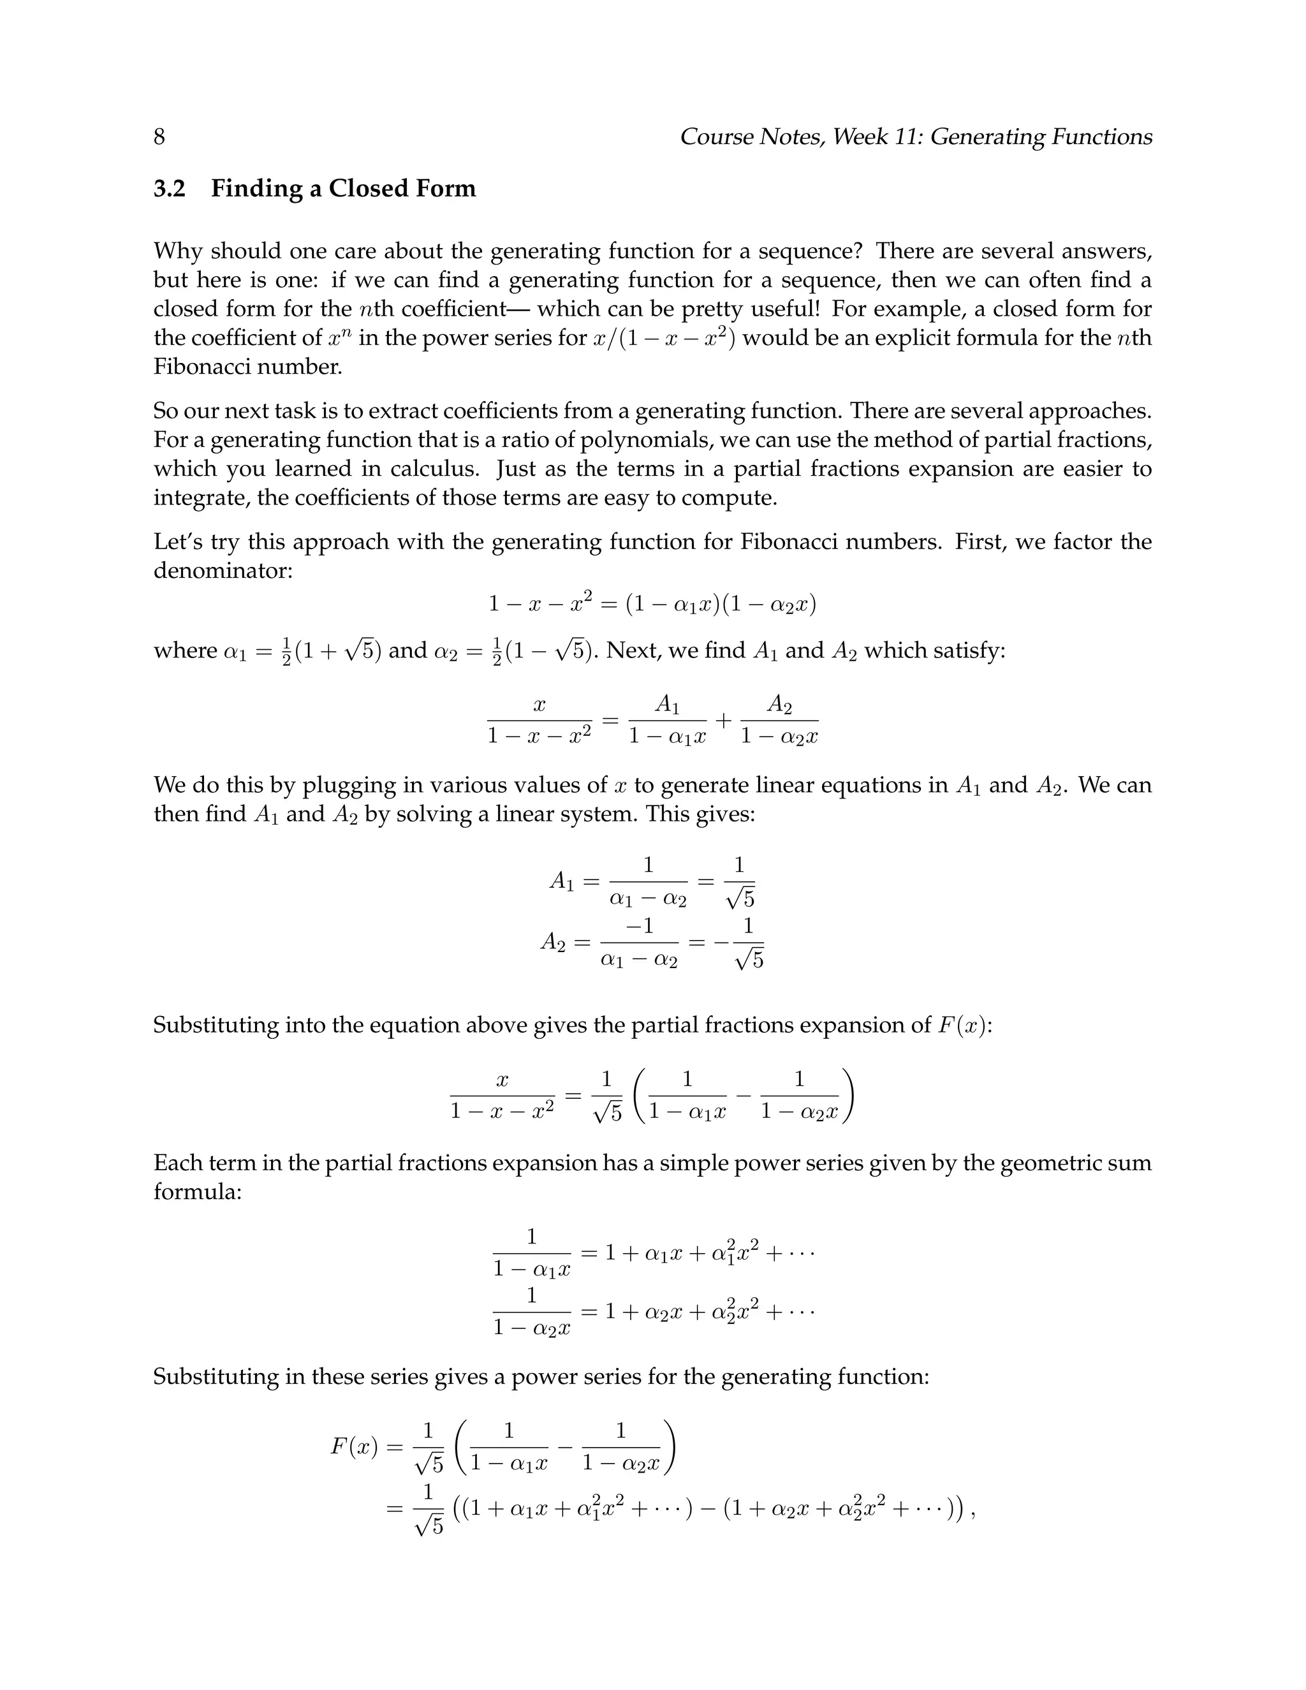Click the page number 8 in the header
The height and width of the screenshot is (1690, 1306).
coord(159,137)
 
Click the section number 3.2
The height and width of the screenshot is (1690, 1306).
coord(170,189)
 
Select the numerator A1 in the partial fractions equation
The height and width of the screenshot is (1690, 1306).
coord(667,704)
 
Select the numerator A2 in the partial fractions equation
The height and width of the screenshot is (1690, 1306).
coord(779,704)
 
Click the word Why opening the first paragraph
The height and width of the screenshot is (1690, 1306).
coord(178,251)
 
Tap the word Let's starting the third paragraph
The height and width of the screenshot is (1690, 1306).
coord(178,541)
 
